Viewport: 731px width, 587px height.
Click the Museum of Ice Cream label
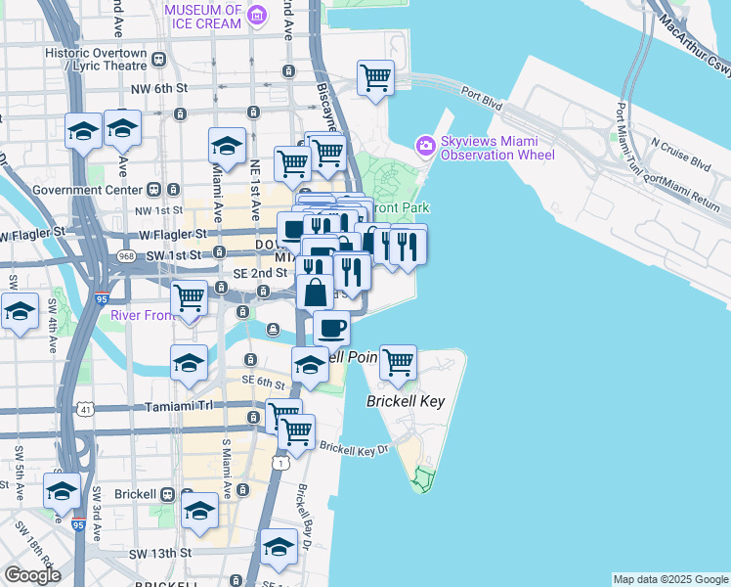(x=202, y=15)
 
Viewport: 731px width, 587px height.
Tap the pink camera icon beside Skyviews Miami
(x=425, y=146)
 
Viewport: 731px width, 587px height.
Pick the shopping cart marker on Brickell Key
(x=398, y=363)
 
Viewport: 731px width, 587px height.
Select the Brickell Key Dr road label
(x=354, y=450)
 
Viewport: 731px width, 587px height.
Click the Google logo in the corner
(x=32, y=575)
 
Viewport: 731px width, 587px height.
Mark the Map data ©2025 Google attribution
(x=670, y=579)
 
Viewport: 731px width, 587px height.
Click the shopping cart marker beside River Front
(x=189, y=296)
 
